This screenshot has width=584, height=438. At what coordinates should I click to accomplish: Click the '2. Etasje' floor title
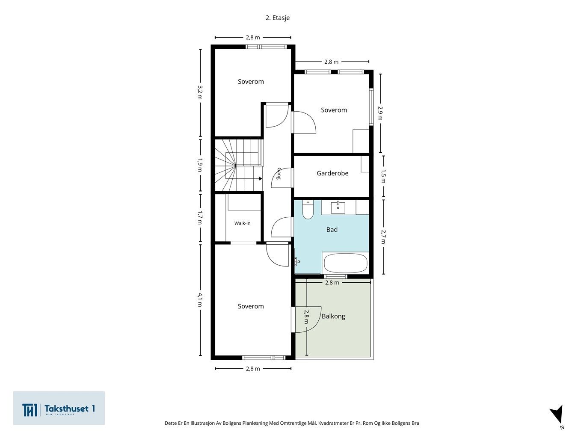tap(277, 18)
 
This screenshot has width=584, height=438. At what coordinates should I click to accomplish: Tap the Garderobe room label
tap(332, 173)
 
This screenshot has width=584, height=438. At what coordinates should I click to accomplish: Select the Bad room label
tap(332, 230)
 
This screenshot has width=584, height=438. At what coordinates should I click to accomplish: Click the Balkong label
tap(333, 316)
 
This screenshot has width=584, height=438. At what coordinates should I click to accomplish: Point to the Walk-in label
tap(242, 223)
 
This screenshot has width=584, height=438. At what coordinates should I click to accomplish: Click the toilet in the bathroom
tap(308, 210)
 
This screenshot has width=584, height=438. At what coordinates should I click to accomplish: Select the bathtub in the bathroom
tap(345, 263)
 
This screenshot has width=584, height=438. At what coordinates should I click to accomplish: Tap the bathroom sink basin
tap(338, 208)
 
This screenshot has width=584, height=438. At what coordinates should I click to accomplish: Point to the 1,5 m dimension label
tap(383, 176)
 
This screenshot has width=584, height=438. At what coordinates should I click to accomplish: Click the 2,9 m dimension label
tap(380, 113)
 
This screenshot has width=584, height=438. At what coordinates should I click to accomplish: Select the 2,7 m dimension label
tap(383, 237)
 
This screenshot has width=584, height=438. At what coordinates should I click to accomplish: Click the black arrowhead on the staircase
tap(261, 179)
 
